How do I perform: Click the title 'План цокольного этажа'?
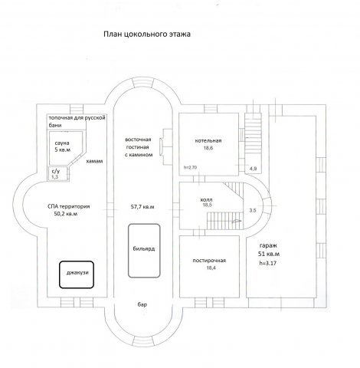[147, 34]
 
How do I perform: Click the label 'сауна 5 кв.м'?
[63, 146]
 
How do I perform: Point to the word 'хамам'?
[94, 161]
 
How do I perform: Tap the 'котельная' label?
[208, 141]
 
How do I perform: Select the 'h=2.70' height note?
[190, 168]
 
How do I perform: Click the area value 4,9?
[253, 169]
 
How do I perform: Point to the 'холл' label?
[207, 199]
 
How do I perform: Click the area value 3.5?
[253, 210]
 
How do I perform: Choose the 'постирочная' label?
[209, 261]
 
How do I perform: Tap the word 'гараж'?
[268, 245]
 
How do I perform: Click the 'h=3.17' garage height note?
[268, 263]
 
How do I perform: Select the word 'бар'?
[142, 304]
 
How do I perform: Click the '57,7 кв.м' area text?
[142, 207]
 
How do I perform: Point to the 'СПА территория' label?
[69, 206]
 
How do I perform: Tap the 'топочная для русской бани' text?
[77, 122]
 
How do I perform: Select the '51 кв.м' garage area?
[269, 255]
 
